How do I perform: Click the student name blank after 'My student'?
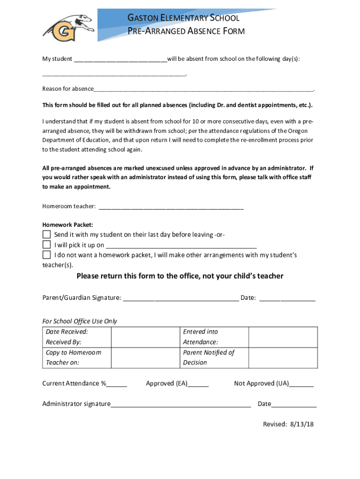point(120,59)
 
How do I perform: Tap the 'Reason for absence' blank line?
point(203,89)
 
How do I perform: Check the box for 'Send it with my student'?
point(46,234)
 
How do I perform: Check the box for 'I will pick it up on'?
point(46,245)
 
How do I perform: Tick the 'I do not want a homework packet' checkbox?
point(46,255)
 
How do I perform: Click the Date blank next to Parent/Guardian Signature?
point(287,298)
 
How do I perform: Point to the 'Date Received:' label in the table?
point(67,332)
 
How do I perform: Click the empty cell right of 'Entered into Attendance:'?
point(283,337)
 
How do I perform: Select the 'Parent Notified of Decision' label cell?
point(209,357)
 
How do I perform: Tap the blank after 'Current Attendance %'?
point(117,385)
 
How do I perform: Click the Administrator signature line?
point(181,405)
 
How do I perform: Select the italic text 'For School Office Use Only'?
point(79,321)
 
